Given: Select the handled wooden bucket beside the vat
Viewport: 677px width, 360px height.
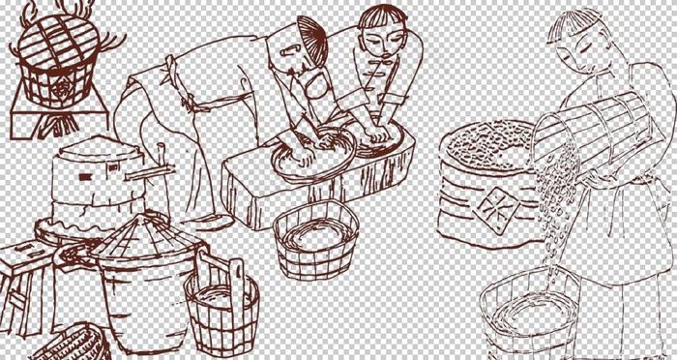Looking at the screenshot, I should [x=221, y=300].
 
